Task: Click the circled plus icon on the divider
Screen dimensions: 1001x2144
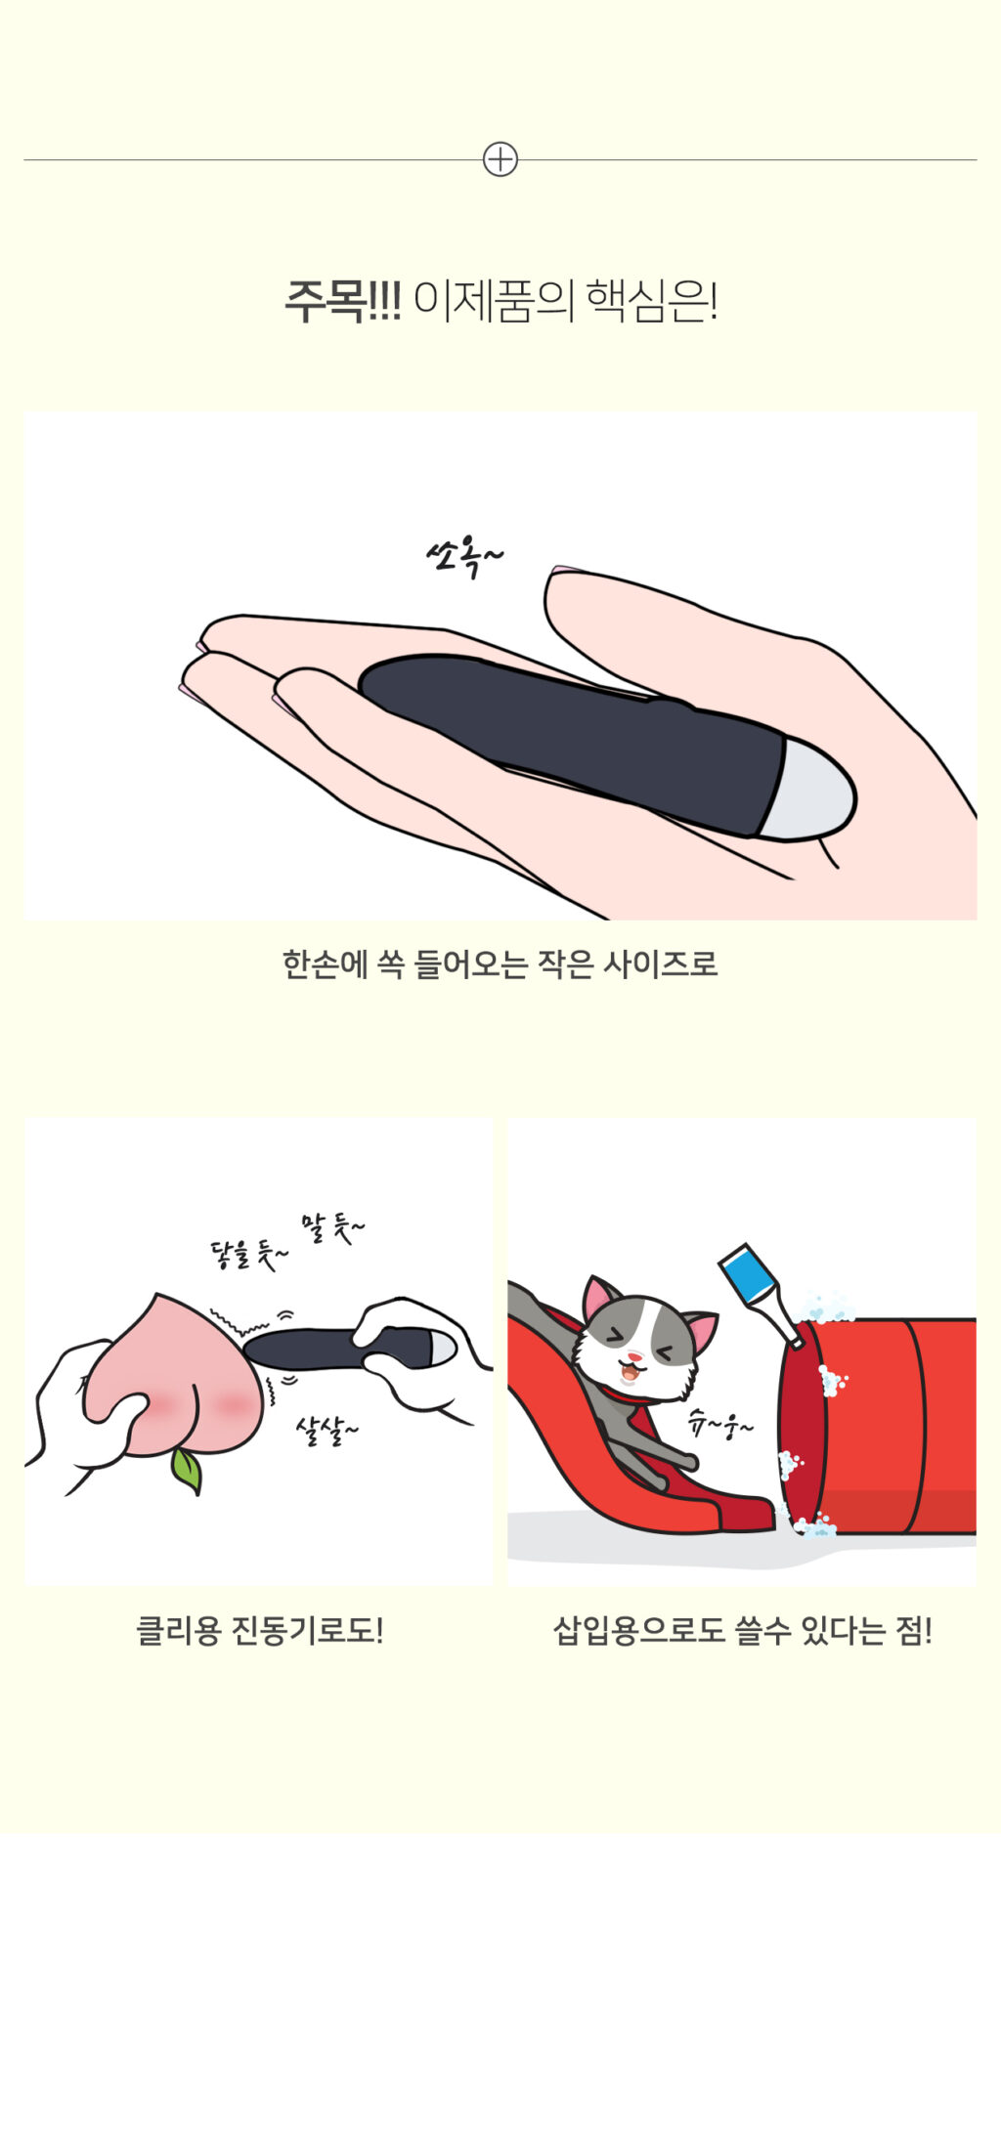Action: click(x=500, y=159)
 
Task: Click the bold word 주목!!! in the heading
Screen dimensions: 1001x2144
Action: click(x=342, y=301)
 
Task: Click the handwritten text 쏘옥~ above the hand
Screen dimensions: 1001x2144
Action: click(x=465, y=558)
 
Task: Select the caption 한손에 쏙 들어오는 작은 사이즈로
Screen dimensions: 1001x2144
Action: click(x=500, y=965)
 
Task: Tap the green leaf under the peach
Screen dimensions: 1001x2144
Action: click(x=187, y=1471)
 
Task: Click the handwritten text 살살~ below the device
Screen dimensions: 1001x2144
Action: click(x=326, y=1431)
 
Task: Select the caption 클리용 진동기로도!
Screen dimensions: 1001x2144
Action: click(x=259, y=1630)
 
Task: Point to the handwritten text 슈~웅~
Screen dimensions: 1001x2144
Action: click(x=720, y=1425)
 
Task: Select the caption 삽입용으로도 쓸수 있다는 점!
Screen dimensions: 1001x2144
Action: click(x=742, y=1630)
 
